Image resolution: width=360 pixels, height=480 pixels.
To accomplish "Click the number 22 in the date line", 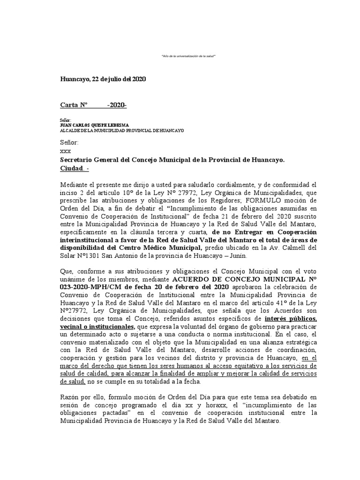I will click(x=96, y=80).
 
